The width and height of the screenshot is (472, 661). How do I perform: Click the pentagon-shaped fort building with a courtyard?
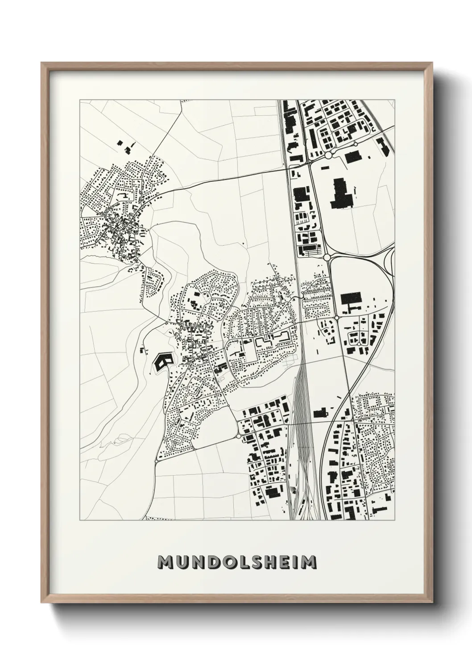coord(162,360)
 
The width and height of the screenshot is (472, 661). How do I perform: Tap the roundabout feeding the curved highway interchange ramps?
coord(327,258)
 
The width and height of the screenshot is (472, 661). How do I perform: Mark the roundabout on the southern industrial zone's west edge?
coord(239,435)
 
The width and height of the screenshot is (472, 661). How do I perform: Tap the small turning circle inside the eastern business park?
coord(358,345)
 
